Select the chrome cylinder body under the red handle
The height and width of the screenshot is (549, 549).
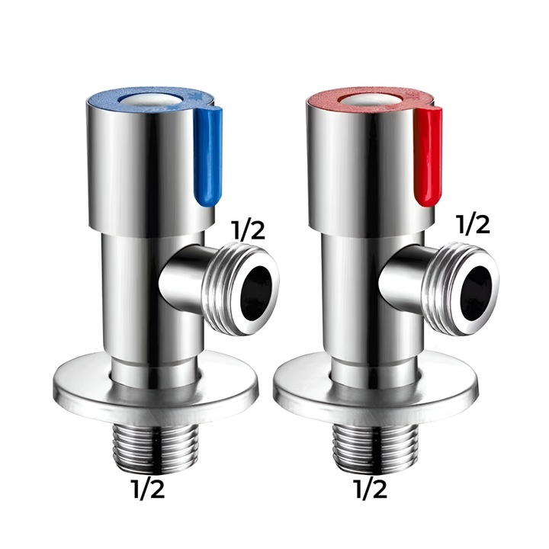point(355,305)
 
